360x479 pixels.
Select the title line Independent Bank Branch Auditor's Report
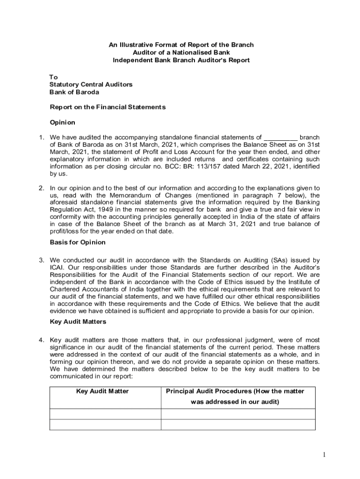point(181,60)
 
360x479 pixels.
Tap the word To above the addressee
point(54,77)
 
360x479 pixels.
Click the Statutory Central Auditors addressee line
point(91,84)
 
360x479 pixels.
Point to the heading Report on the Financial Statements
point(108,107)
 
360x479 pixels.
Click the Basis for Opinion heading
point(78,242)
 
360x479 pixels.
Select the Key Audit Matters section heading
point(78,322)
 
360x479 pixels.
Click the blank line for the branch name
point(281,138)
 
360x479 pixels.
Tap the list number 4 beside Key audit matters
point(41,340)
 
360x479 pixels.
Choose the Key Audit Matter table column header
point(102,391)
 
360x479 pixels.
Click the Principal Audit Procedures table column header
point(235,391)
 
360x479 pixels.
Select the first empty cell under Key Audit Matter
point(105,414)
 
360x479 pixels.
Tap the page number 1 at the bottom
point(323,455)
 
